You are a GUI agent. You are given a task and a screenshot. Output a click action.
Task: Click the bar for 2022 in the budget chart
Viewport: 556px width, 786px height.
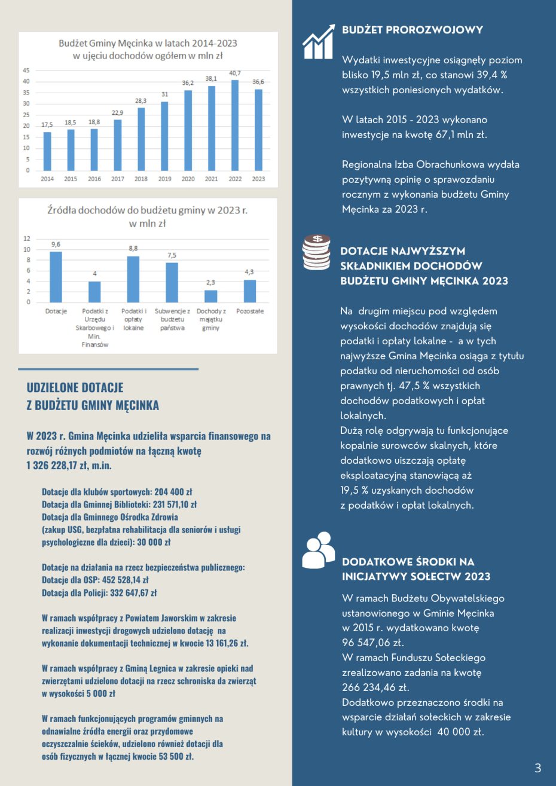coord(236,126)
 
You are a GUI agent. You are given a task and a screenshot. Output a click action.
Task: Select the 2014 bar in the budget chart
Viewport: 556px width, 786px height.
coord(47,151)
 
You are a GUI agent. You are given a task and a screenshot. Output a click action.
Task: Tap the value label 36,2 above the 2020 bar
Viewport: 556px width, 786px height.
coord(188,83)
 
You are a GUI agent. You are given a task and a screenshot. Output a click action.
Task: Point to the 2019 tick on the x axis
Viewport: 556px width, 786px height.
coord(164,179)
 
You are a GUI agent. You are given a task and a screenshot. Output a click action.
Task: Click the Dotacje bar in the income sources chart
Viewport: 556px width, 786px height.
coord(56,277)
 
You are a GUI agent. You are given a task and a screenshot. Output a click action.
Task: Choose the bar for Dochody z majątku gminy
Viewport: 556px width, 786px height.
coord(210,296)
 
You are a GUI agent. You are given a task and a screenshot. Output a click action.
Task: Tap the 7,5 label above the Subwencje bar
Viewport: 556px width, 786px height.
coord(172,255)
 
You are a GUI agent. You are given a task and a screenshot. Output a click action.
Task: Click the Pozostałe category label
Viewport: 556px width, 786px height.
coord(250,311)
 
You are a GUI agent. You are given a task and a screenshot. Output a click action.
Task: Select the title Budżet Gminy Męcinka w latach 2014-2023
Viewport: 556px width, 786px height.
coord(148,43)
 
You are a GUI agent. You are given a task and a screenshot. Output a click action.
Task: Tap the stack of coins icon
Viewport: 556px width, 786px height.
coord(317,253)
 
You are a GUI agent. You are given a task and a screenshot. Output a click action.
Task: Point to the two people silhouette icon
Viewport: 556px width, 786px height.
coord(318,550)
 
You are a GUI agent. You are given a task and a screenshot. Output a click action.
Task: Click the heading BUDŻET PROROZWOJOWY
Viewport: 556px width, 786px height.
coord(413,30)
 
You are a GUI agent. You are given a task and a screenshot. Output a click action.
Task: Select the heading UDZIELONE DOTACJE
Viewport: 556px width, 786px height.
coord(75,387)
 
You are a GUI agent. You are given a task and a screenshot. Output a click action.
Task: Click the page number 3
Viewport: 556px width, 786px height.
coord(537,768)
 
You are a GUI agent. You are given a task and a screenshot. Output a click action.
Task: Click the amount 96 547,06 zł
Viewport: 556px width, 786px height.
coord(373,643)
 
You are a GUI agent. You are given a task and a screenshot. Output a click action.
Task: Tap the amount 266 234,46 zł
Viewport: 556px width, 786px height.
coord(375,687)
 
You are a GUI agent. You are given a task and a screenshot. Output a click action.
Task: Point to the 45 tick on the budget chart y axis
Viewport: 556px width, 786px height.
coord(26,71)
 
